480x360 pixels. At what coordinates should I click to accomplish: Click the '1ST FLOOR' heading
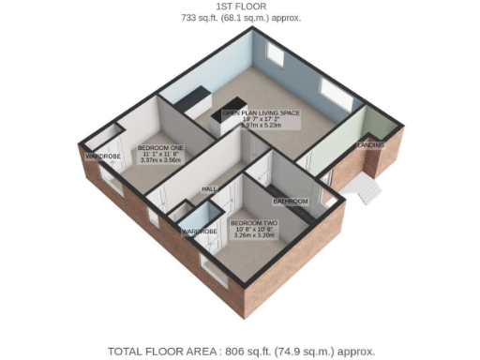point(239,7)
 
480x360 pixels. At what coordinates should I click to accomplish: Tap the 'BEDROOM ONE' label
point(161,149)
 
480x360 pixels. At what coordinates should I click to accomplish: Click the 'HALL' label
point(209,188)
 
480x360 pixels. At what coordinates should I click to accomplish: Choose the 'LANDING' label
point(368,146)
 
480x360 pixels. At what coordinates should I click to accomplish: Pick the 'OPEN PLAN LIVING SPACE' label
point(261,113)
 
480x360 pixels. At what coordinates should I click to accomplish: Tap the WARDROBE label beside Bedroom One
point(101,156)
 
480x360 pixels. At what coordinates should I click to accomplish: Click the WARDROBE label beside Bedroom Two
point(199,231)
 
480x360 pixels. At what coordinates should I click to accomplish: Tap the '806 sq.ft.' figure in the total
point(247,351)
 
